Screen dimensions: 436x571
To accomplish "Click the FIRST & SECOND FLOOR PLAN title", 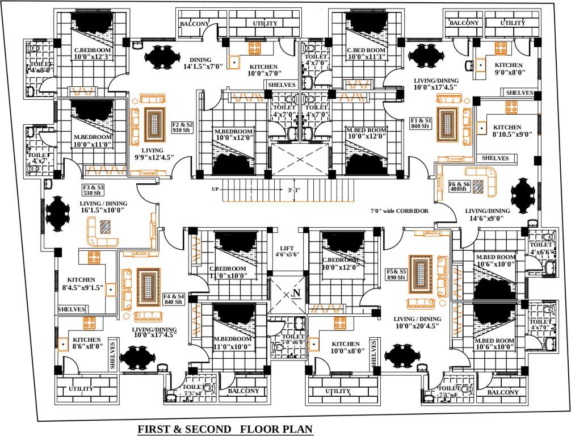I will click(225, 429).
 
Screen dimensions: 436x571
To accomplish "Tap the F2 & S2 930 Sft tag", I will click(183, 127).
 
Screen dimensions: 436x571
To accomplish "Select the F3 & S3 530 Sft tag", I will click(94, 190).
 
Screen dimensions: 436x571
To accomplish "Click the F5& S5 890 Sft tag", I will click(396, 274).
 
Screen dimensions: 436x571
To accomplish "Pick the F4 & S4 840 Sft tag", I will click(174, 299).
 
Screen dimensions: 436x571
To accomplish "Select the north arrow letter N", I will click(296, 294).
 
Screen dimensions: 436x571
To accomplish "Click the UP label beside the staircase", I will click(215, 189).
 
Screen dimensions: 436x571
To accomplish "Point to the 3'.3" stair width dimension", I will click(294, 191).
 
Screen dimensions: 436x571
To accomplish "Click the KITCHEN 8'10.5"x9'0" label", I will click(507, 131).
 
